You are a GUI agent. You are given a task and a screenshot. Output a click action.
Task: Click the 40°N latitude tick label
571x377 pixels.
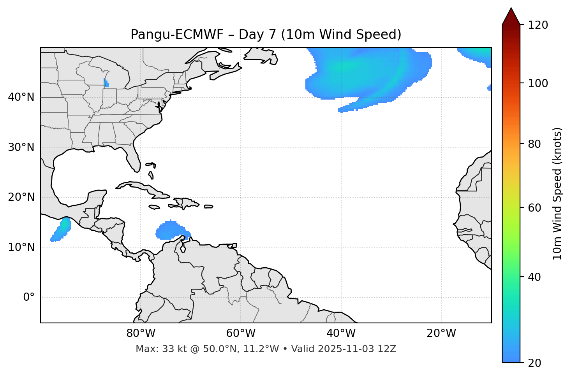coord(21,97)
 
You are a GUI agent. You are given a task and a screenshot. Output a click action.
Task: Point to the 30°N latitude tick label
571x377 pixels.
coord(21,147)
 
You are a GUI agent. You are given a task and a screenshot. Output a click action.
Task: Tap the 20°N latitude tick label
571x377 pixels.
coord(21,197)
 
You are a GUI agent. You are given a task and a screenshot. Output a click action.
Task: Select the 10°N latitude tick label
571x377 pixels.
coord(21,247)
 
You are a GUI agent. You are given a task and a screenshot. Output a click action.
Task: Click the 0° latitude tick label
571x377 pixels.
coord(29,298)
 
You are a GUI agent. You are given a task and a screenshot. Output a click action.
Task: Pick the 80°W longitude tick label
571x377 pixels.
coord(141,333)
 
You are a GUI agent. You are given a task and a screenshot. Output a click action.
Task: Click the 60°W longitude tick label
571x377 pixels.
coord(241,333)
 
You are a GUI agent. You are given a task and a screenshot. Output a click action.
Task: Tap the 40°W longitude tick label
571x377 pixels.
coord(341,333)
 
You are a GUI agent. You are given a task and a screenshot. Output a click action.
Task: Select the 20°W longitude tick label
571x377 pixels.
coord(441,333)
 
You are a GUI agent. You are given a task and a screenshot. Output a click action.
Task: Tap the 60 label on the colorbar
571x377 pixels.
coord(536,208)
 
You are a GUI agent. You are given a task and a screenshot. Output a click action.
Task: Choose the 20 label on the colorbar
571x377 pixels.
coord(536,363)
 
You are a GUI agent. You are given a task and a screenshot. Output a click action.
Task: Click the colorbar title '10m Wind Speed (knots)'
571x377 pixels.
coord(557,193)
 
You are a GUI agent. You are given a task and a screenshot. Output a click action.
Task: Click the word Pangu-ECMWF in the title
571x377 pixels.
coord(177,35)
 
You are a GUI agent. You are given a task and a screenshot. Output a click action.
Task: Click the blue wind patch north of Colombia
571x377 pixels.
coord(171,230)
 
